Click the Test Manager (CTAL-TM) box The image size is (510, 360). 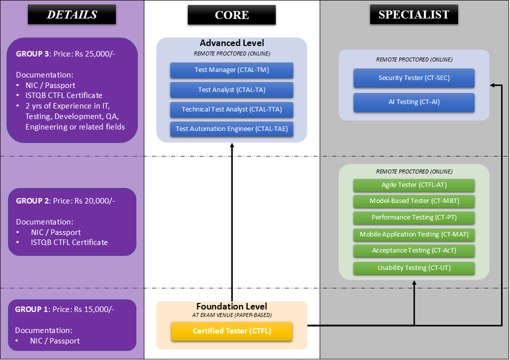click(x=232, y=70)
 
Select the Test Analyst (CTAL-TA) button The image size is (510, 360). click(x=232, y=90)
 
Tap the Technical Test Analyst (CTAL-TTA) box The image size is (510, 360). click(x=232, y=109)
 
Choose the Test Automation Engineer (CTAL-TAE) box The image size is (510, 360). click(x=232, y=129)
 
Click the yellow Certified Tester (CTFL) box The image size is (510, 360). click(x=232, y=331)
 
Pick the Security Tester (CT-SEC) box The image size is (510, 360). click(x=414, y=78)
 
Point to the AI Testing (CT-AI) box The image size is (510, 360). click(x=414, y=102)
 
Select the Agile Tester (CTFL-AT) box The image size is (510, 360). click(x=414, y=185)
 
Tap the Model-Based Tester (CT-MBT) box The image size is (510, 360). click(x=414, y=201)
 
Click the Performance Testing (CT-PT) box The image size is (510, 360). click(x=414, y=217)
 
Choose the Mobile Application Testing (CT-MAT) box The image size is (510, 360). click(x=414, y=234)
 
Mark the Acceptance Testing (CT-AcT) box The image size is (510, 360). click(x=414, y=250)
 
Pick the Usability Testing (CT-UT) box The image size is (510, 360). click(x=414, y=268)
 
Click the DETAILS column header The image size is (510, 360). click(x=72, y=15)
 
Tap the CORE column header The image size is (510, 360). click(x=232, y=15)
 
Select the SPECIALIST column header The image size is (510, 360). click(x=414, y=15)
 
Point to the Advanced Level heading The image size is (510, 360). click(x=232, y=43)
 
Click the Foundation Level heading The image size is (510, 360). click(x=232, y=306)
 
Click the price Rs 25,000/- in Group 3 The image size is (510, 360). click(x=98, y=53)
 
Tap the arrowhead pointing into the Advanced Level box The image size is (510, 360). click(x=232, y=145)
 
